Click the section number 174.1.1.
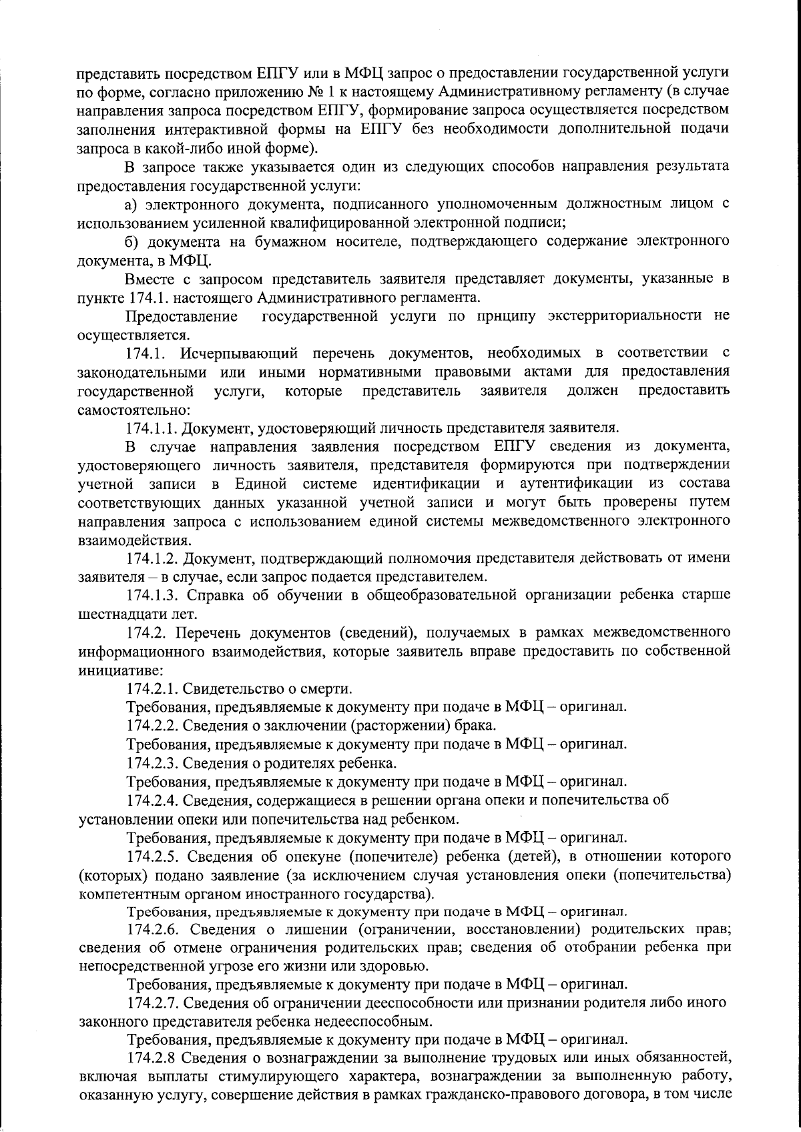(x=153, y=428)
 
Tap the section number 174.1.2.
(x=153, y=557)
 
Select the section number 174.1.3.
(x=153, y=594)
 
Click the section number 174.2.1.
(x=153, y=688)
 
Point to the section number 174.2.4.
(x=153, y=800)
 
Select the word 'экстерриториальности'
(x=625, y=315)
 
